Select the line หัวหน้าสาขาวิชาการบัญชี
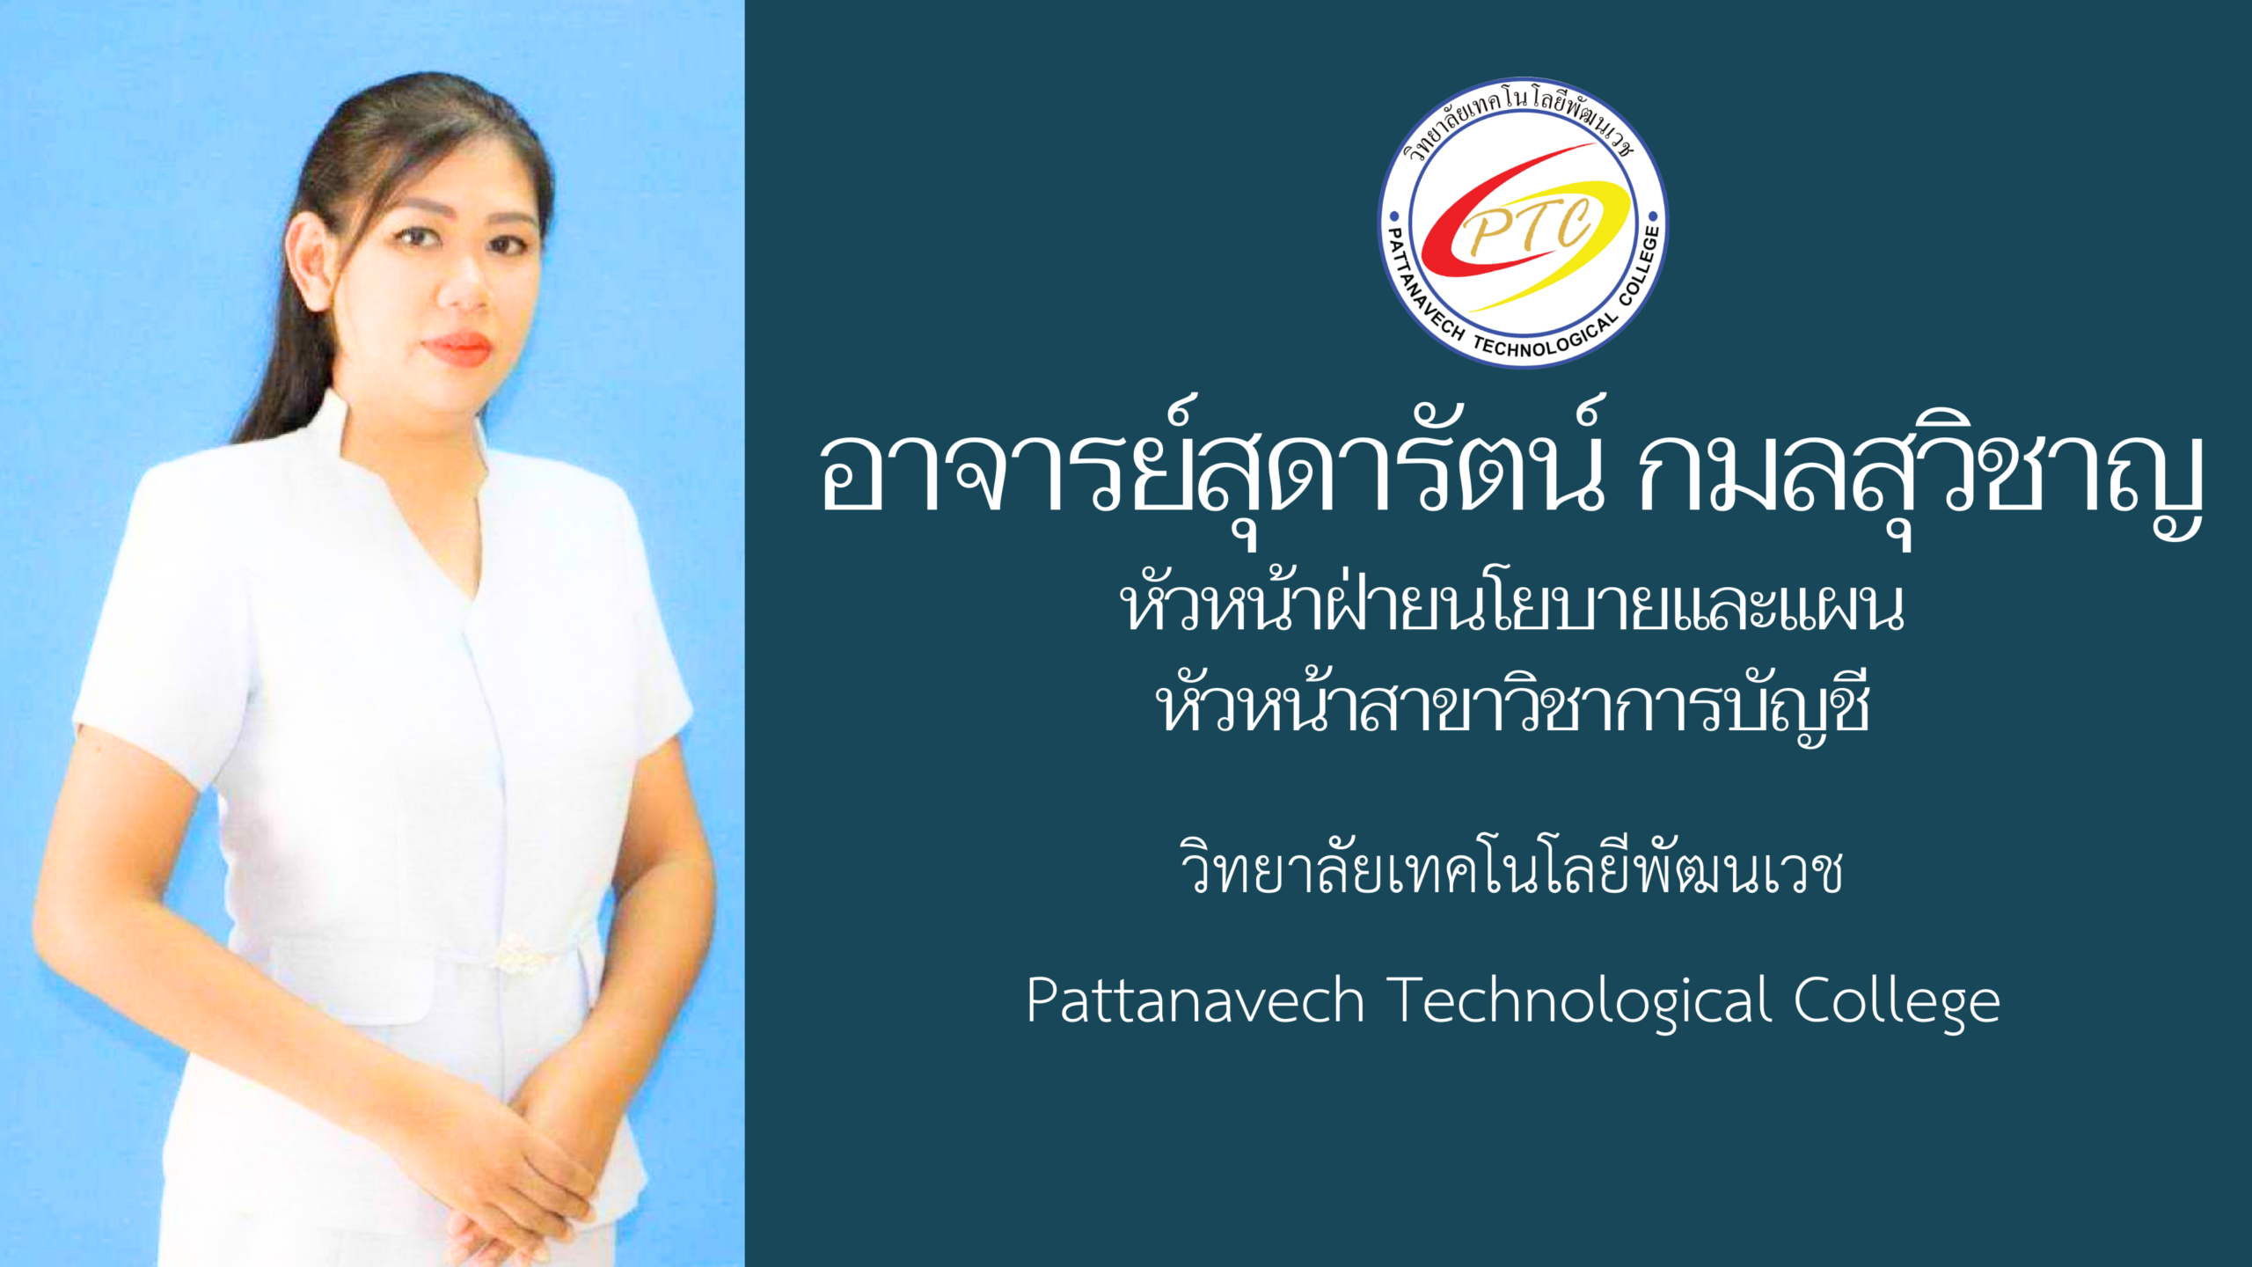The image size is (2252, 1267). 1511,704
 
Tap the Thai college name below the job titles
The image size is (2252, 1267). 1511,866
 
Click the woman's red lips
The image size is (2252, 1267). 457,348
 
